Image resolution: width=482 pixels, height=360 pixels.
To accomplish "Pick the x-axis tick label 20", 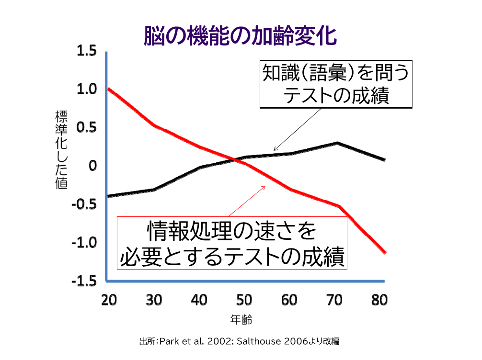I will pyautogui.click(x=109, y=300).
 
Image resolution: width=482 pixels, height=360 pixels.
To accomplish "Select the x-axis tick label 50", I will pyautogui.click(x=244, y=300).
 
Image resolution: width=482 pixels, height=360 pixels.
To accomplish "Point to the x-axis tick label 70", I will pyautogui.click(x=334, y=300).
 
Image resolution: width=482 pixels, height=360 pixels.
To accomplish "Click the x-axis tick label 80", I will pyautogui.click(x=379, y=300).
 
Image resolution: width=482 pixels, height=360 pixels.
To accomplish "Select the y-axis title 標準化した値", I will pyautogui.click(x=61, y=150).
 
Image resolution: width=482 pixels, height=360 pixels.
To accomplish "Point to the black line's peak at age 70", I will pyautogui.click(x=338, y=143).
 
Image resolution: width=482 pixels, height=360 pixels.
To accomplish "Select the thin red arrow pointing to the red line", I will pyautogui.click(x=247, y=201).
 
